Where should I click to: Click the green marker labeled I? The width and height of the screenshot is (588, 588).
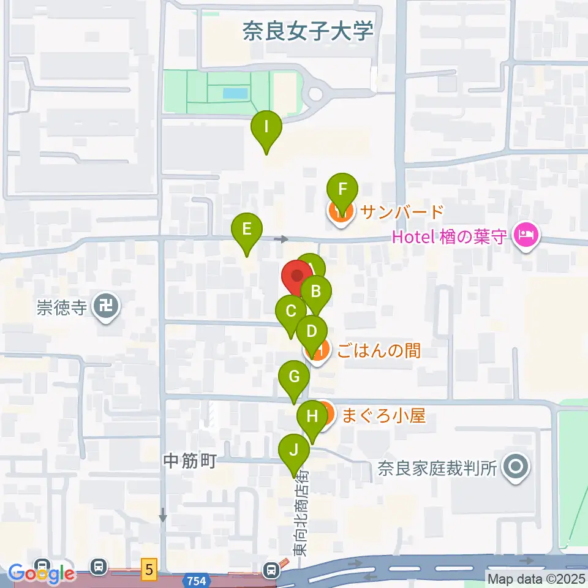266,129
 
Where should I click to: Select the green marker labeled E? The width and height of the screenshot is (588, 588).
247,231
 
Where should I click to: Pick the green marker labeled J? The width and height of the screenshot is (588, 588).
294,452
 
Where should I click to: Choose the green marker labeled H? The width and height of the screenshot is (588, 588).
312,418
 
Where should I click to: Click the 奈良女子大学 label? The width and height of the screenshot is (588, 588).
308,31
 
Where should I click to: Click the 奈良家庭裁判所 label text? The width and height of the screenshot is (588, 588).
435,469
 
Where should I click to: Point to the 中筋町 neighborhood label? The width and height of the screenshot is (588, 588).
190,461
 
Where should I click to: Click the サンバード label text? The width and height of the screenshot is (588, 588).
401,213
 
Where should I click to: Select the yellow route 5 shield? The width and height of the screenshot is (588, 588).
149,569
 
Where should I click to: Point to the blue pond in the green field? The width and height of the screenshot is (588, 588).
235,94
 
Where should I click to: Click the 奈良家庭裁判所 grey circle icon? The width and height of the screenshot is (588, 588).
515,469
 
